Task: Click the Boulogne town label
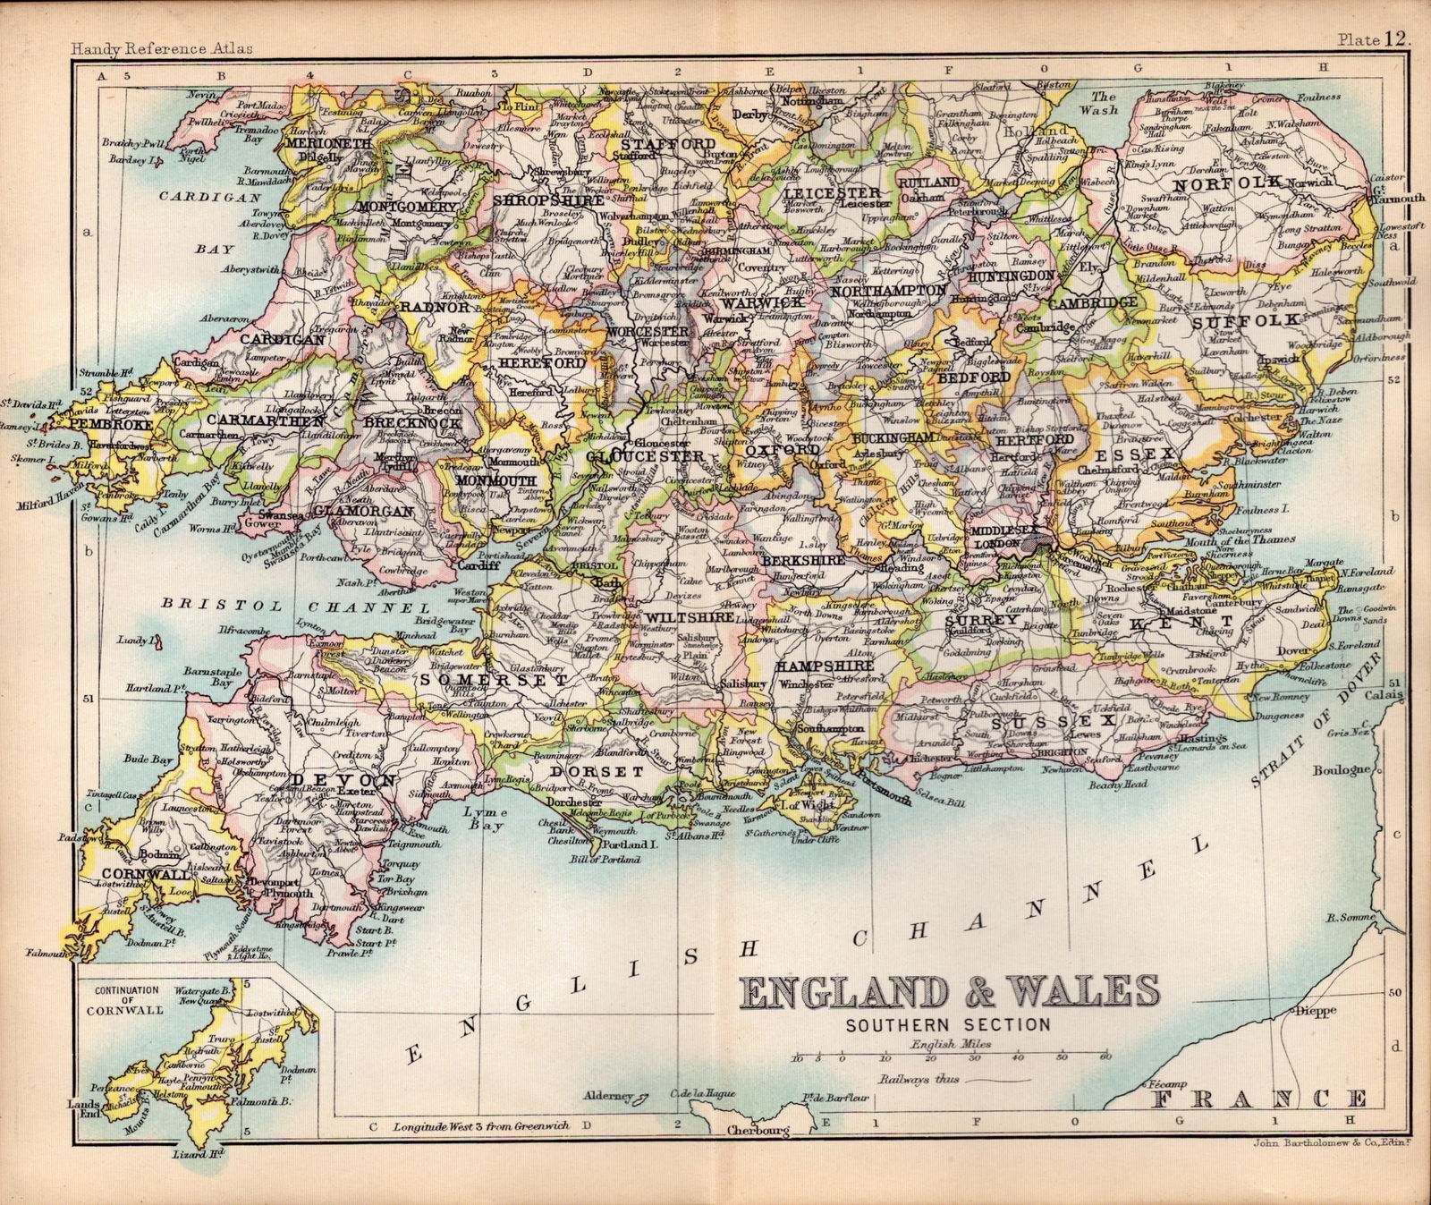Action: tap(1342, 769)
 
